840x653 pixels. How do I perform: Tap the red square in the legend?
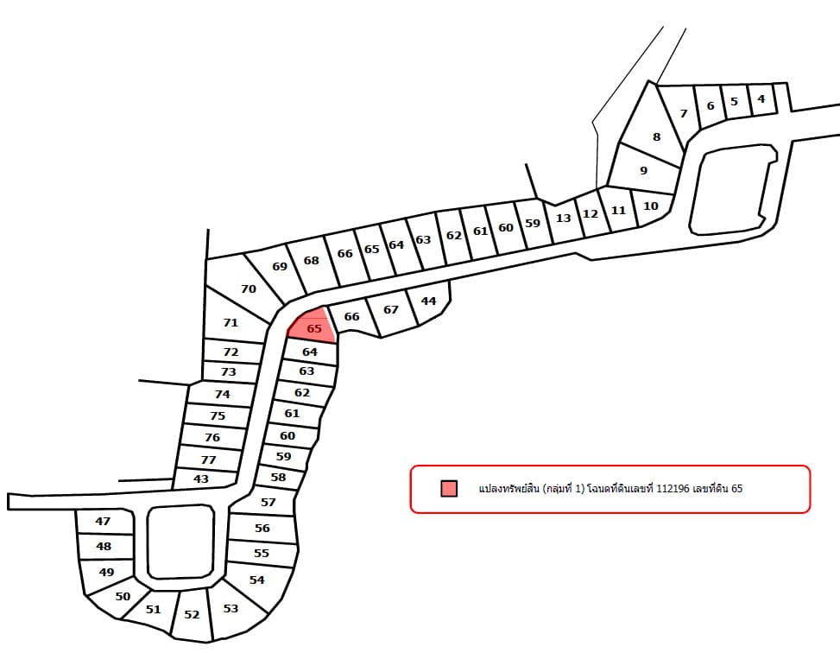point(449,488)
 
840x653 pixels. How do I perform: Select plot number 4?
point(761,99)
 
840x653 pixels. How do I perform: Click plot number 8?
point(654,134)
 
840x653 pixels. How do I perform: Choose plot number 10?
point(650,206)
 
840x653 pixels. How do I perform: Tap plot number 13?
point(563,219)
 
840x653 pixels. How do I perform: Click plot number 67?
point(391,310)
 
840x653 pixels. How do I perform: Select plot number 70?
point(248,288)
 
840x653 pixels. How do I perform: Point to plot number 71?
point(231,322)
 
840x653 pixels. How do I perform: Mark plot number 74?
point(223,395)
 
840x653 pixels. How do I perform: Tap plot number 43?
point(201,479)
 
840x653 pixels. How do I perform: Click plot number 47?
point(103,521)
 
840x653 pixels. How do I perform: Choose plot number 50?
point(123,597)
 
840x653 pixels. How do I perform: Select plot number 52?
point(192,615)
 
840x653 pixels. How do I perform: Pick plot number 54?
point(257,580)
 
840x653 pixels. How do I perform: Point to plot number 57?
point(268,503)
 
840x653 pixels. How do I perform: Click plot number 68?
point(312,261)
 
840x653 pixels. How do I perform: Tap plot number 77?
point(208,460)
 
